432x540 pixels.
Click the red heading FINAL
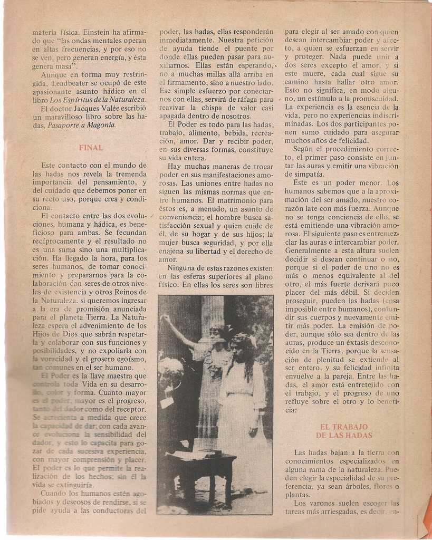coord(91,148)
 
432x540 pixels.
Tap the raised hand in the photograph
coord(165,318)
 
